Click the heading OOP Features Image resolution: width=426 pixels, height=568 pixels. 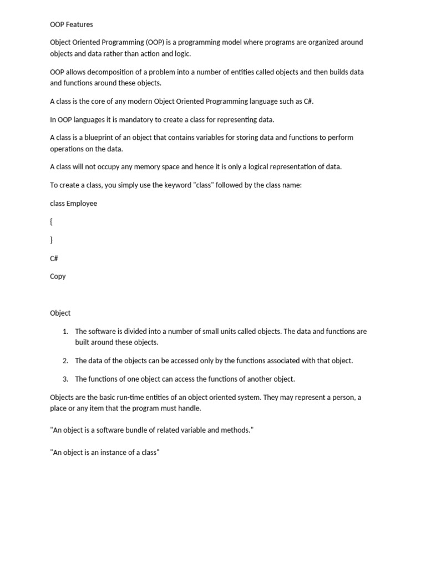click(x=72, y=24)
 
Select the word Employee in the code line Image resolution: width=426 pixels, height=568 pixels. click(x=82, y=204)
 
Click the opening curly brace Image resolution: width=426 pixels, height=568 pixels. click(x=52, y=222)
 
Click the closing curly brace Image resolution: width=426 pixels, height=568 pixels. click(x=52, y=240)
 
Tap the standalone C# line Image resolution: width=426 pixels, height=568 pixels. click(x=54, y=258)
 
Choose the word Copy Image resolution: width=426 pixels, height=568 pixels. click(x=58, y=276)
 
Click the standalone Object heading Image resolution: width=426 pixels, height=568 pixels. click(x=60, y=313)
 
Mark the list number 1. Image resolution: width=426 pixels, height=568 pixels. click(x=65, y=332)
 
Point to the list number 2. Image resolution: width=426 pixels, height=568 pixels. click(x=65, y=361)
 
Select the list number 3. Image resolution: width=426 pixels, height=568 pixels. click(x=65, y=379)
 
